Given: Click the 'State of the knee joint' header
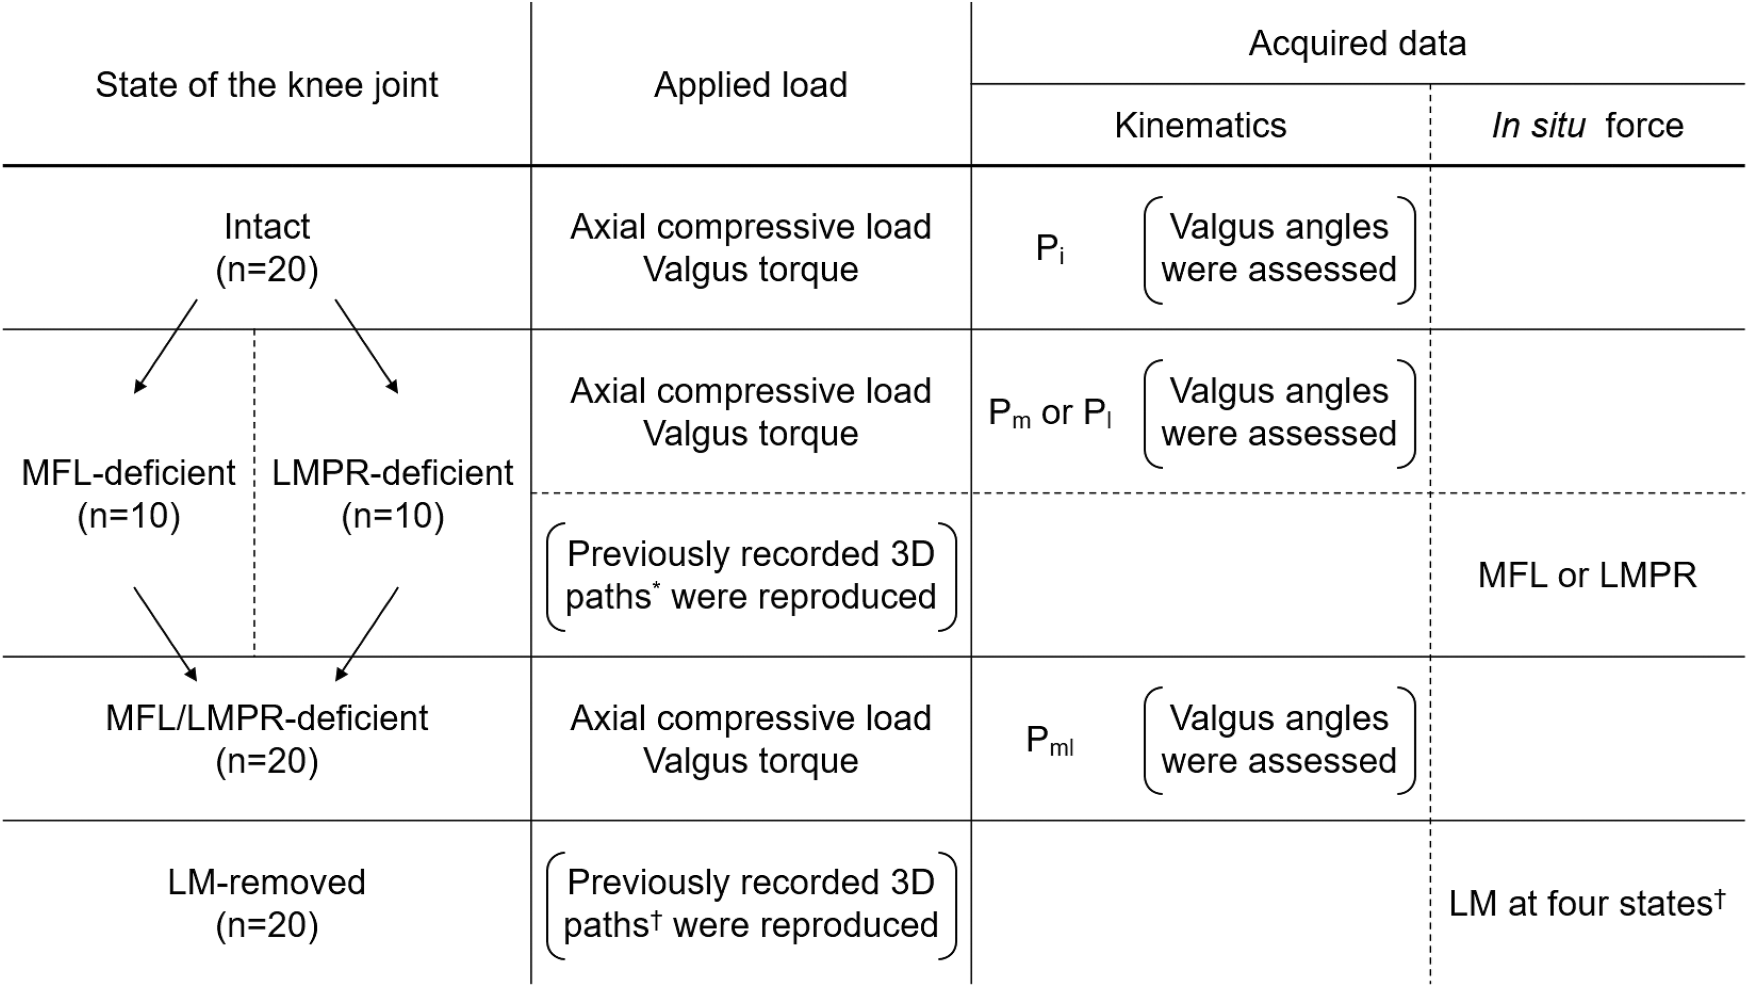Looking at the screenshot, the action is coord(267,86).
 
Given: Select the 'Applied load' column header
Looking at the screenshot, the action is coord(751,86).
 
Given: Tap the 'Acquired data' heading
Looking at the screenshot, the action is coord(1357,43).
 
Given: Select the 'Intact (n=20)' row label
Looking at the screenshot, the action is coord(267,248).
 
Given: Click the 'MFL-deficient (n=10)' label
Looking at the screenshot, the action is coord(128,494).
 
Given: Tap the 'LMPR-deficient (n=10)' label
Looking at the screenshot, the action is coord(393,494).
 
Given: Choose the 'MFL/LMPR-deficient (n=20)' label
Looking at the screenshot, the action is coord(267,739).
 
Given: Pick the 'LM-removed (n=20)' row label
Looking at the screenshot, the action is coord(267,903).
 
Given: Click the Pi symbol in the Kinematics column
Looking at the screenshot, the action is coord(1049,249).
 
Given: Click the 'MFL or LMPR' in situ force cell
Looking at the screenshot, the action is coord(1588,576).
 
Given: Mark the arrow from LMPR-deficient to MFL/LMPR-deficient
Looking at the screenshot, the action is coord(367,634).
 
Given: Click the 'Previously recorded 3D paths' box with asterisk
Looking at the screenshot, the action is coord(751,576).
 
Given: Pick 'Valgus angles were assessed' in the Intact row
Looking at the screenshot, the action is coord(1279,249).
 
